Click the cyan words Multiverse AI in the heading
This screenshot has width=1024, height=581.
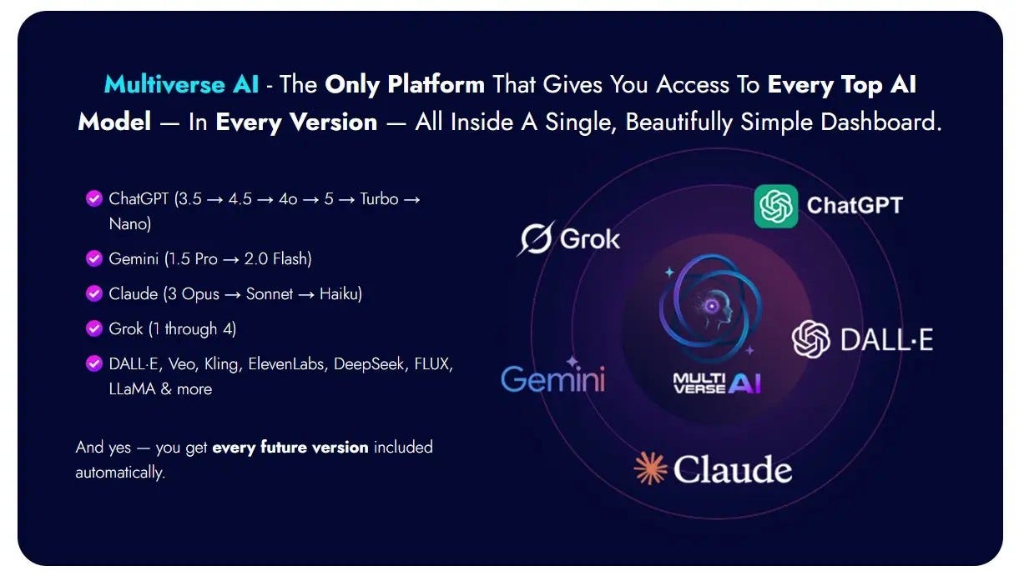(181, 84)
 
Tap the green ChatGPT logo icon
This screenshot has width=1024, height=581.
(776, 206)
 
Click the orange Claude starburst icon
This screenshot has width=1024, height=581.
(650, 468)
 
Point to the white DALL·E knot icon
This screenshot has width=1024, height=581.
(811, 339)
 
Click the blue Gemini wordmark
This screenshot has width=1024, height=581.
(553, 378)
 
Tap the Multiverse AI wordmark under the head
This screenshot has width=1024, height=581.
(717, 383)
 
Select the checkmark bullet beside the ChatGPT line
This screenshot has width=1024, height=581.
(94, 198)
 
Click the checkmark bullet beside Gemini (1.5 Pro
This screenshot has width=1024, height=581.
(94, 258)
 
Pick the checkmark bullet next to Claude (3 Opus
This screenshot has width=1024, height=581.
(94, 293)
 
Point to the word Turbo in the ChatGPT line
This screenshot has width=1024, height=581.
(379, 199)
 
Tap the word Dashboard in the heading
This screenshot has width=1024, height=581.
(881, 123)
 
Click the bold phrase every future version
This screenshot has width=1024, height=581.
(290, 447)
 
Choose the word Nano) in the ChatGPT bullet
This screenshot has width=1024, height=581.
(130, 224)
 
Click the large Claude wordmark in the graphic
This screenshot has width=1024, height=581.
(733, 468)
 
